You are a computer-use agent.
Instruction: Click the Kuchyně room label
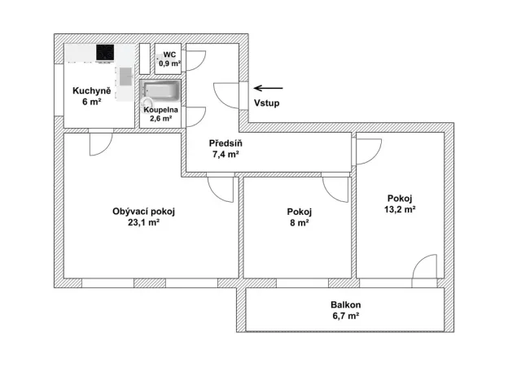pos(85,90)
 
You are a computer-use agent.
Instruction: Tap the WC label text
pos(169,54)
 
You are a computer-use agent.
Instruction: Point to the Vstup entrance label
pos(266,103)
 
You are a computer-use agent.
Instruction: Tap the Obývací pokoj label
pos(144,212)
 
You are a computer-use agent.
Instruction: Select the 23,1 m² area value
pos(144,222)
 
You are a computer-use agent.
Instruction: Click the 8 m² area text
pos(299,222)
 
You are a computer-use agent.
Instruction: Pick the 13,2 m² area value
pos(400,209)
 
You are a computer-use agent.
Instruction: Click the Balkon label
pos(344,304)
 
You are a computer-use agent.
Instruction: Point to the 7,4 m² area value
pos(226,154)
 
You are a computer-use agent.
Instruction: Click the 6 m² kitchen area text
pos(85,102)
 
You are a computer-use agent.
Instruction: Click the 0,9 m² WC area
pos(169,63)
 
